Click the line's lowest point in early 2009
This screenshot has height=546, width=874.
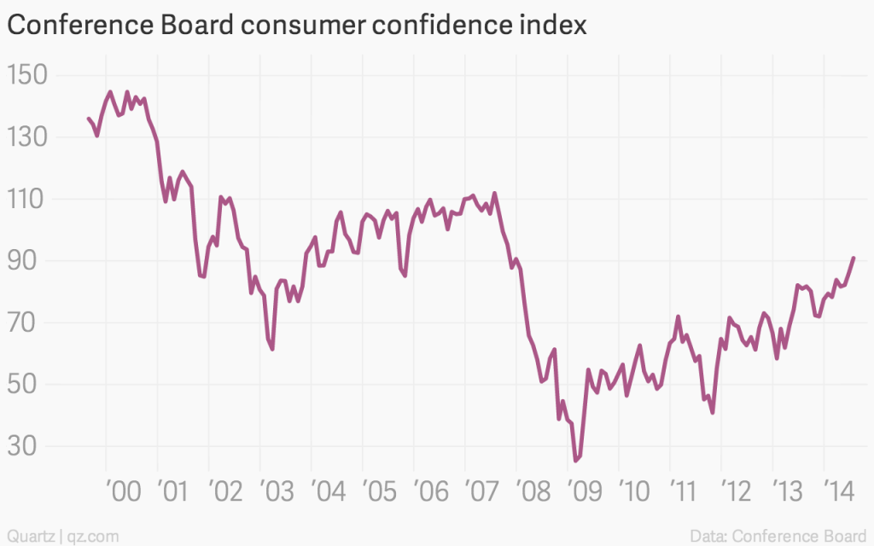point(576,461)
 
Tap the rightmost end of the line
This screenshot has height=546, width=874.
point(854,258)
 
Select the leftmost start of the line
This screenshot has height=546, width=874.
point(89,119)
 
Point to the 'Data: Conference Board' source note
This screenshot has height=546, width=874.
point(780,536)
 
